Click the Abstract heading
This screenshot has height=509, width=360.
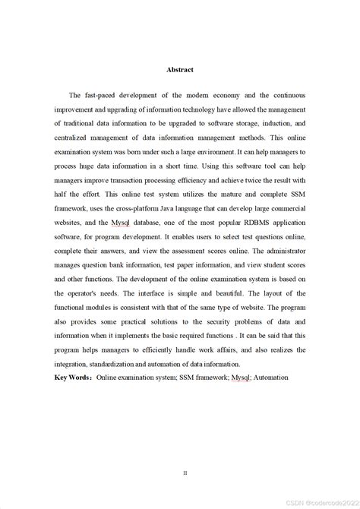[180, 70]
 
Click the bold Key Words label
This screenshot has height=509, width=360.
[72, 377]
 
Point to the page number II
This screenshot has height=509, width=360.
[185, 451]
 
